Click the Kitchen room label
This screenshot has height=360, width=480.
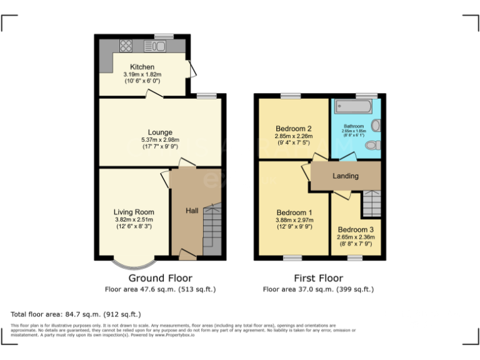(142, 67)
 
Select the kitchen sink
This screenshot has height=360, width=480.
(154, 45)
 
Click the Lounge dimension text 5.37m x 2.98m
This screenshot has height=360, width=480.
(161, 139)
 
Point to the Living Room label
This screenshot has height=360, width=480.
(134, 212)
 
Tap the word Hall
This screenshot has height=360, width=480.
(192, 211)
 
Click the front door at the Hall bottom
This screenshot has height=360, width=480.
(186, 254)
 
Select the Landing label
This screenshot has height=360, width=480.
(345, 176)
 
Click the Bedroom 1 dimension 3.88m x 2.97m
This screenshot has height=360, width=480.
(294, 220)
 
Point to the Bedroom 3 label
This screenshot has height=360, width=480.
(356, 229)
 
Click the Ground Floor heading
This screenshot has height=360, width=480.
(160, 278)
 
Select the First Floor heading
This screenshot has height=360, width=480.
(318, 278)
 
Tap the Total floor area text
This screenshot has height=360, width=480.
(76, 314)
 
